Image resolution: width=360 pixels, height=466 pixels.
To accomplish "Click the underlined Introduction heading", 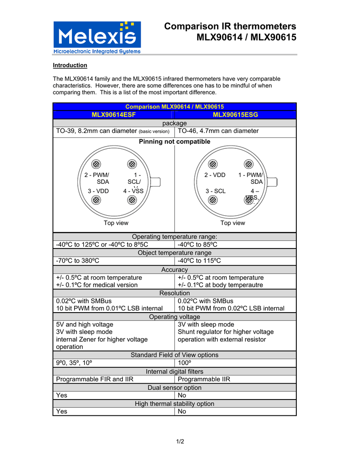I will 70,65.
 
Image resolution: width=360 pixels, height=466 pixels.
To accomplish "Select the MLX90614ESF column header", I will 113,115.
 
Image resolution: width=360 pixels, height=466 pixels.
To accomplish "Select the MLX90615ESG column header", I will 235,115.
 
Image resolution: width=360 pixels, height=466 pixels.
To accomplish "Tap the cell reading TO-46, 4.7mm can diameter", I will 218,131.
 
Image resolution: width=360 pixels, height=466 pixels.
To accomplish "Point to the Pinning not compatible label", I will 174,142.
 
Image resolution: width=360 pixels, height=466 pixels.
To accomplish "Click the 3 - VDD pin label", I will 98,191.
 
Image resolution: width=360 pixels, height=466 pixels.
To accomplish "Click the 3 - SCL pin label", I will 215,191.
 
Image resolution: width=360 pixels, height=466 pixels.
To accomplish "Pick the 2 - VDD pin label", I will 215,175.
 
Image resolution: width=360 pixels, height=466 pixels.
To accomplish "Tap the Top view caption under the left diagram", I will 116,223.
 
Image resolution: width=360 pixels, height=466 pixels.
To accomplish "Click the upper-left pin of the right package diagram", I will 213,164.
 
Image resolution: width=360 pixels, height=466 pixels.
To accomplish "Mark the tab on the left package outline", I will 155,182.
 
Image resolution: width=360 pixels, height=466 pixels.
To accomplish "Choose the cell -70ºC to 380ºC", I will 78,261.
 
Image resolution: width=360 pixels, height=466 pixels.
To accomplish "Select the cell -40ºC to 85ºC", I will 198,245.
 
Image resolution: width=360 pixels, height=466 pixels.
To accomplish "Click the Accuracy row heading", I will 174,270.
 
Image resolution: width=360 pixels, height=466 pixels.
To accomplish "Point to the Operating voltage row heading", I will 174,317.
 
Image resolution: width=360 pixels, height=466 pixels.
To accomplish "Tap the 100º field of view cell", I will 184,363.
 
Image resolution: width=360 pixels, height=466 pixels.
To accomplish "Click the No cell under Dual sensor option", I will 182,395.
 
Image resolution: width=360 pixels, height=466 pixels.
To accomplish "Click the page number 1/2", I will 180,441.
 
